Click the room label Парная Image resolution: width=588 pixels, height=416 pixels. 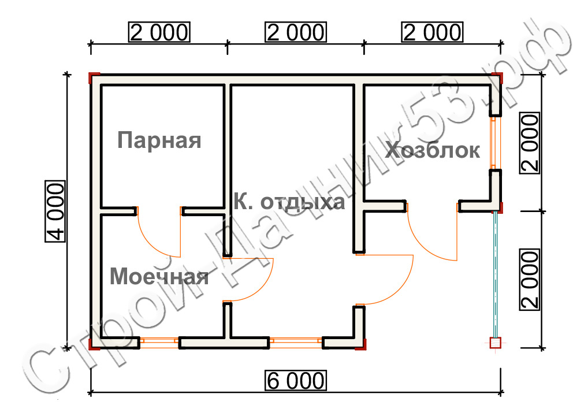pos(159,140)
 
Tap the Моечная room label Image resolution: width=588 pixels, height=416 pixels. pos(159,276)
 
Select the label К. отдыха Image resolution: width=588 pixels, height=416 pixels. pos(289,202)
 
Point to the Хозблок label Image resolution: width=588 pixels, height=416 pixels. pos(433,150)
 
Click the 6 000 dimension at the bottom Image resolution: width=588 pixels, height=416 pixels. pos(296,381)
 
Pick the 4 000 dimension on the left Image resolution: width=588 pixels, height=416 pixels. pos(55,211)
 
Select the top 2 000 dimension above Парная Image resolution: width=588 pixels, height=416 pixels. pos(159,32)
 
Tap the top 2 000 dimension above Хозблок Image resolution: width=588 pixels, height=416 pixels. pos(433,32)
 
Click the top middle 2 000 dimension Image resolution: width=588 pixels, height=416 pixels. pos(296,32)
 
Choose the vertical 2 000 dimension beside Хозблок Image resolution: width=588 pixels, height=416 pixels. pos(529,143)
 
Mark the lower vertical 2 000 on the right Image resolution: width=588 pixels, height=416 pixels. pos(529,280)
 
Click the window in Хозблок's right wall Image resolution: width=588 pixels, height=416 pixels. pos(494,143)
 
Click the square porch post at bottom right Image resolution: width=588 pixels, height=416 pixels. pos(496,343)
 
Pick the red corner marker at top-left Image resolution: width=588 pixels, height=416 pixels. pos(93,77)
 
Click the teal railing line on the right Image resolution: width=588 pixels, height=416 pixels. pos(496,274)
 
